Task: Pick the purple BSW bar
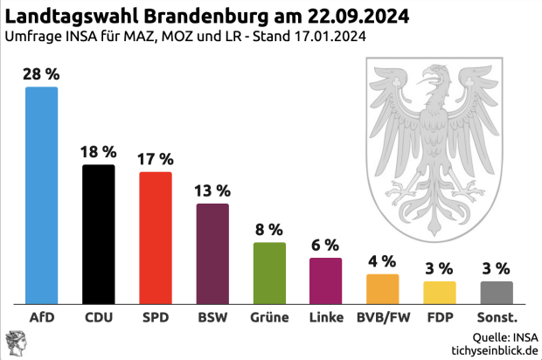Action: coord(212,253)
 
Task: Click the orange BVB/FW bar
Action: coord(382,287)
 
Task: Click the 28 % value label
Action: coord(41,74)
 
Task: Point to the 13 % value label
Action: coord(212,190)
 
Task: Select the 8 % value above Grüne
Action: coord(269,230)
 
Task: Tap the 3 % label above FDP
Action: coord(439,267)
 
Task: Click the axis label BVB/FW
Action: coord(382,317)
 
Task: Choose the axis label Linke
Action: coord(325,317)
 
